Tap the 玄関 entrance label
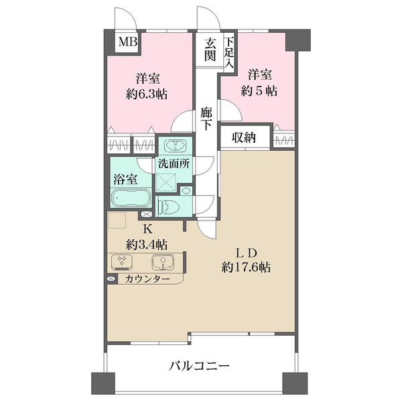tap(210, 50)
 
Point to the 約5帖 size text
tap(259, 90)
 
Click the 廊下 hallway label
tap(207, 119)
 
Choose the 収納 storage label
tap(246, 137)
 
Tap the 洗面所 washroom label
tap(174, 163)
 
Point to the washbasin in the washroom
tap(176, 147)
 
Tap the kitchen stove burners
tap(123, 261)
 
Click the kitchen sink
tap(160, 261)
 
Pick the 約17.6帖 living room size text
tap(248, 267)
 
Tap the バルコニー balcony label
tap(200, 366)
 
